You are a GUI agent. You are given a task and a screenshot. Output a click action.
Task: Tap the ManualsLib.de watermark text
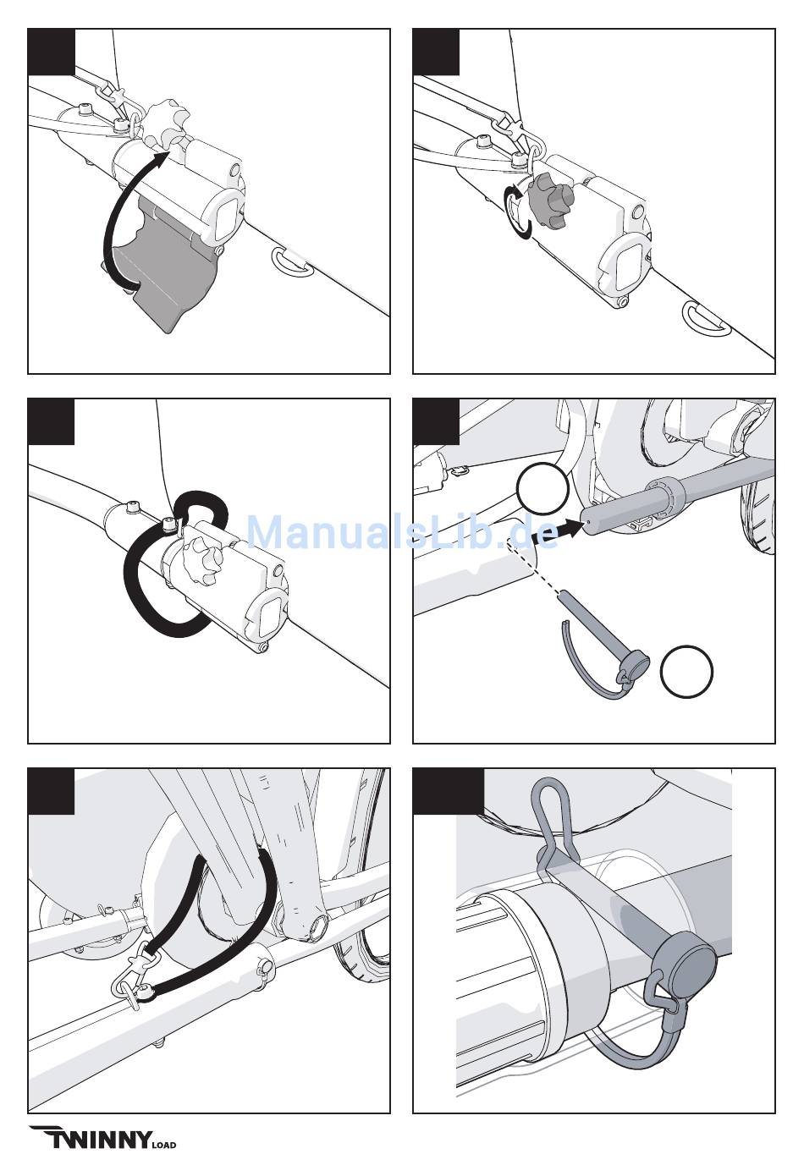(x=402, y=533)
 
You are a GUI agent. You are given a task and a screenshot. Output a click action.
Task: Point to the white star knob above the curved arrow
(x=164, y=124)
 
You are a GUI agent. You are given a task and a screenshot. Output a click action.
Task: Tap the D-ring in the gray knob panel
(x=707, y=320)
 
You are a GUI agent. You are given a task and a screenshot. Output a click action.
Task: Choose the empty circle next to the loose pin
(x=686, y=671)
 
